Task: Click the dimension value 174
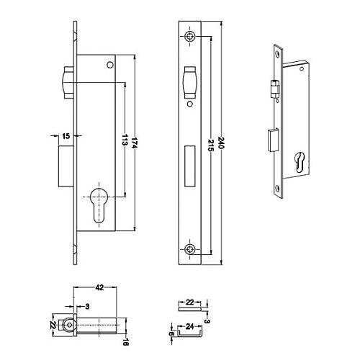[x=135, y=143]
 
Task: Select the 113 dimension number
[x=125, y=140]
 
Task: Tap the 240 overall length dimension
[x=221, y=143]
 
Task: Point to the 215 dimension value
[x=210, y=145]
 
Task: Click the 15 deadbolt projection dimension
[x=66, y=136]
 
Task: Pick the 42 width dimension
[x=99, y=287]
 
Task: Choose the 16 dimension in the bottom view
[x=125, y=342]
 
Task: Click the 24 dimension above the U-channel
[x=189, y=326]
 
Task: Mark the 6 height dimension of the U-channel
[x=171, y=333]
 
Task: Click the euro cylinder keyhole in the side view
[x=99, y=204]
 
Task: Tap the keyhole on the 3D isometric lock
[x=300, y=162]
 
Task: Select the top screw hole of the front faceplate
[x=190, y=37]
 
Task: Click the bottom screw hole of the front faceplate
[x=190, y=250]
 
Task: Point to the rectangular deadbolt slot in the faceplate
[x=189, y=166]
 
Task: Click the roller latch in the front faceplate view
[x=190, y=83]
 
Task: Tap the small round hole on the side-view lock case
[x=110, y=65]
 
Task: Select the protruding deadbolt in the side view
[x=66, y=166]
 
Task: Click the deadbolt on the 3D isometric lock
[x=273, y=140]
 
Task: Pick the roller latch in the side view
[x=68, y=83]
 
